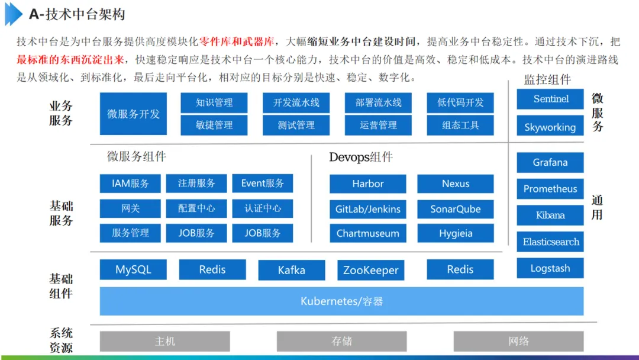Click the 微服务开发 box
point(133,114)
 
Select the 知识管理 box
point(214,102)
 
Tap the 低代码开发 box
point(460,102)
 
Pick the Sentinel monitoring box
point(550,99)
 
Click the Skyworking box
point(550,127)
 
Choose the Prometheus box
point(550,189)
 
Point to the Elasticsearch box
point(550,242)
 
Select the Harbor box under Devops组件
point(368,184)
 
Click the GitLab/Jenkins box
point(368,209)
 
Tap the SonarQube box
point(456,209)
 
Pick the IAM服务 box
point(130,184)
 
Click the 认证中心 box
point(263,208)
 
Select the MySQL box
point(133,269)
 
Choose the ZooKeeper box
point(371,271)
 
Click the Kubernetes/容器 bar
point(341,301)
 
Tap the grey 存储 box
point(341,341)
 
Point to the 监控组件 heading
point(547,80)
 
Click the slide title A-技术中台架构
point(77,15)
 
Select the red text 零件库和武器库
point(237,41)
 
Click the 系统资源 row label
point(61,340)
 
